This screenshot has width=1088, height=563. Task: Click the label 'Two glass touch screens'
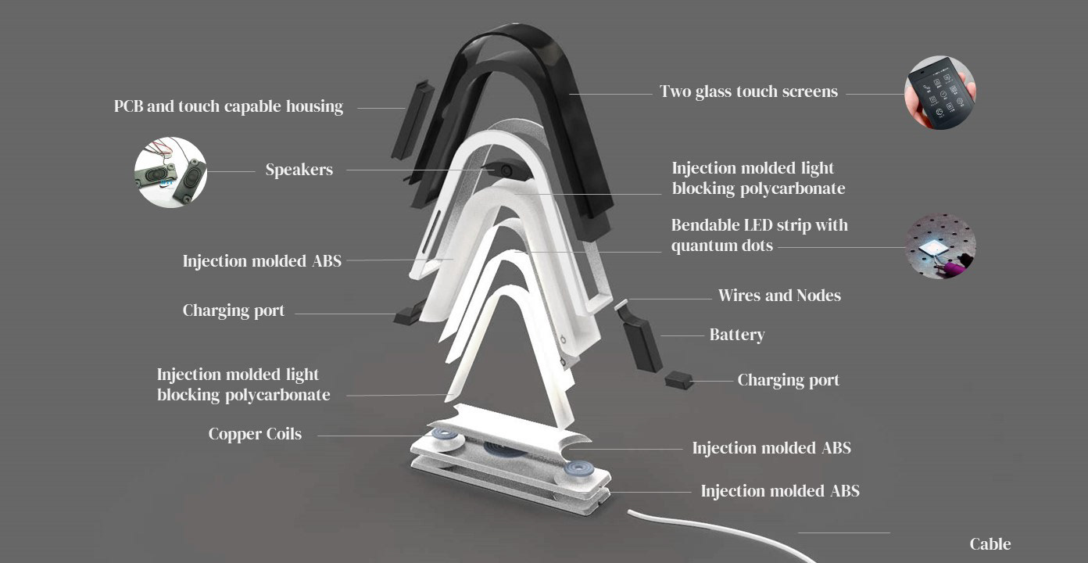[748, 91]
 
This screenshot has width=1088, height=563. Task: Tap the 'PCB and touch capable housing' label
[228, 106]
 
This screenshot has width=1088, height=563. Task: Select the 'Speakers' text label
[299, 170]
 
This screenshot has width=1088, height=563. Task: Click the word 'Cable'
[990, 544]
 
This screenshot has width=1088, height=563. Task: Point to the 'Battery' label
[736, 335]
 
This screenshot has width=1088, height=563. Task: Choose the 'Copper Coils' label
[255, 434]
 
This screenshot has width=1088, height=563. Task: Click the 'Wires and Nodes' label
[779, 296]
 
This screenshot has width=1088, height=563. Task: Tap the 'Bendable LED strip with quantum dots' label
[759, 235]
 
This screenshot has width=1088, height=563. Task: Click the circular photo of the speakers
[170, 173]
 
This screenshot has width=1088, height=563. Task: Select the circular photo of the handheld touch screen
[940, 92]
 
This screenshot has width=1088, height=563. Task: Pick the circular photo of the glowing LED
[940, 246]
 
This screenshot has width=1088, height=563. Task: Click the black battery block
[642, 342]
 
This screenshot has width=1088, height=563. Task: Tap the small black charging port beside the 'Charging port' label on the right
[678, 380]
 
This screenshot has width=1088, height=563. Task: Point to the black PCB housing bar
[412, 119]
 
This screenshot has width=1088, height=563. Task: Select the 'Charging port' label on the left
[233, 310]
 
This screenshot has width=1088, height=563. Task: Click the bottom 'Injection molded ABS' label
[779, 491]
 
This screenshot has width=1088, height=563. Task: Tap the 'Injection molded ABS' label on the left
[262, 261]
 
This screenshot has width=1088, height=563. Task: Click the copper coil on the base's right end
[579, 470]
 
